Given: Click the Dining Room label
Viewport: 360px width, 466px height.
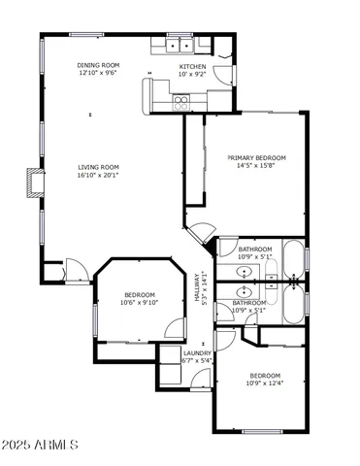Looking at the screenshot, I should pos(99,65).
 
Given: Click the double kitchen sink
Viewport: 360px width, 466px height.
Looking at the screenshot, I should pos(177,44).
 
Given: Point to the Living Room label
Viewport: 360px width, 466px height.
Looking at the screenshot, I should pos(98,167).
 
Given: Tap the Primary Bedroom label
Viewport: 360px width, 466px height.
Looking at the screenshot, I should pos(256,157).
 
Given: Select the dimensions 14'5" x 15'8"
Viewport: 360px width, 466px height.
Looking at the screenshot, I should pos(256,166).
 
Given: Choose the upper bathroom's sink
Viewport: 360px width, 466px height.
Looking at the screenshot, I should pos(245,269).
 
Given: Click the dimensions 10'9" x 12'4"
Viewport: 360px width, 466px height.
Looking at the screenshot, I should pos(264,383).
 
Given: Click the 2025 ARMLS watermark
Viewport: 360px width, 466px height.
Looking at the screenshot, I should pos(41,445).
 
